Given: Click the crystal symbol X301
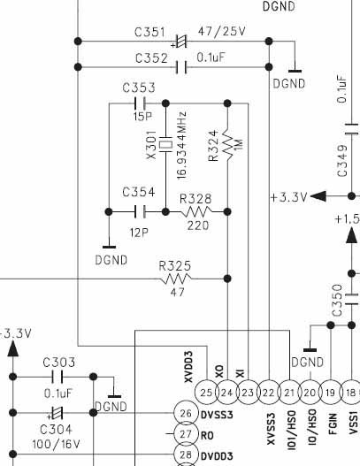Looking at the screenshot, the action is [166, 144].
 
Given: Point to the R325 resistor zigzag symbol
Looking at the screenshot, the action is [176, 279].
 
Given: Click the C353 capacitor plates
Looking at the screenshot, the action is [140, 103].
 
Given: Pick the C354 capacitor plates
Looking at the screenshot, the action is [140, 211].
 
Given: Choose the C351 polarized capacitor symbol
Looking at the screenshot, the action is [180, 42].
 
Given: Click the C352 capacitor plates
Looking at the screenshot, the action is [181, 67].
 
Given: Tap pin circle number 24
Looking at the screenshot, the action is [227, 393].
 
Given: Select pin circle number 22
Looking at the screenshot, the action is [268, 393].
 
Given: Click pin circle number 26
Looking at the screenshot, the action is [186, 413].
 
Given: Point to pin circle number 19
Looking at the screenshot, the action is [331, 393].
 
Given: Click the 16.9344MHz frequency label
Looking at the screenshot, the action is [181, 145].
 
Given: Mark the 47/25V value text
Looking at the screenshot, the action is [222, 31].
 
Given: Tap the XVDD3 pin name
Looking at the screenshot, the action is [188, 367].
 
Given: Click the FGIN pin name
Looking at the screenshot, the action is [333, 424].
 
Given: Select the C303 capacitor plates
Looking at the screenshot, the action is [57, 377].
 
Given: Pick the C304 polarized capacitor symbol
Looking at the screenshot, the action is [56, 413].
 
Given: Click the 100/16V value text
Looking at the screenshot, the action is [57, 444].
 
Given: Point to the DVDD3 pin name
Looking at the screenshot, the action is [217, 456].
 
